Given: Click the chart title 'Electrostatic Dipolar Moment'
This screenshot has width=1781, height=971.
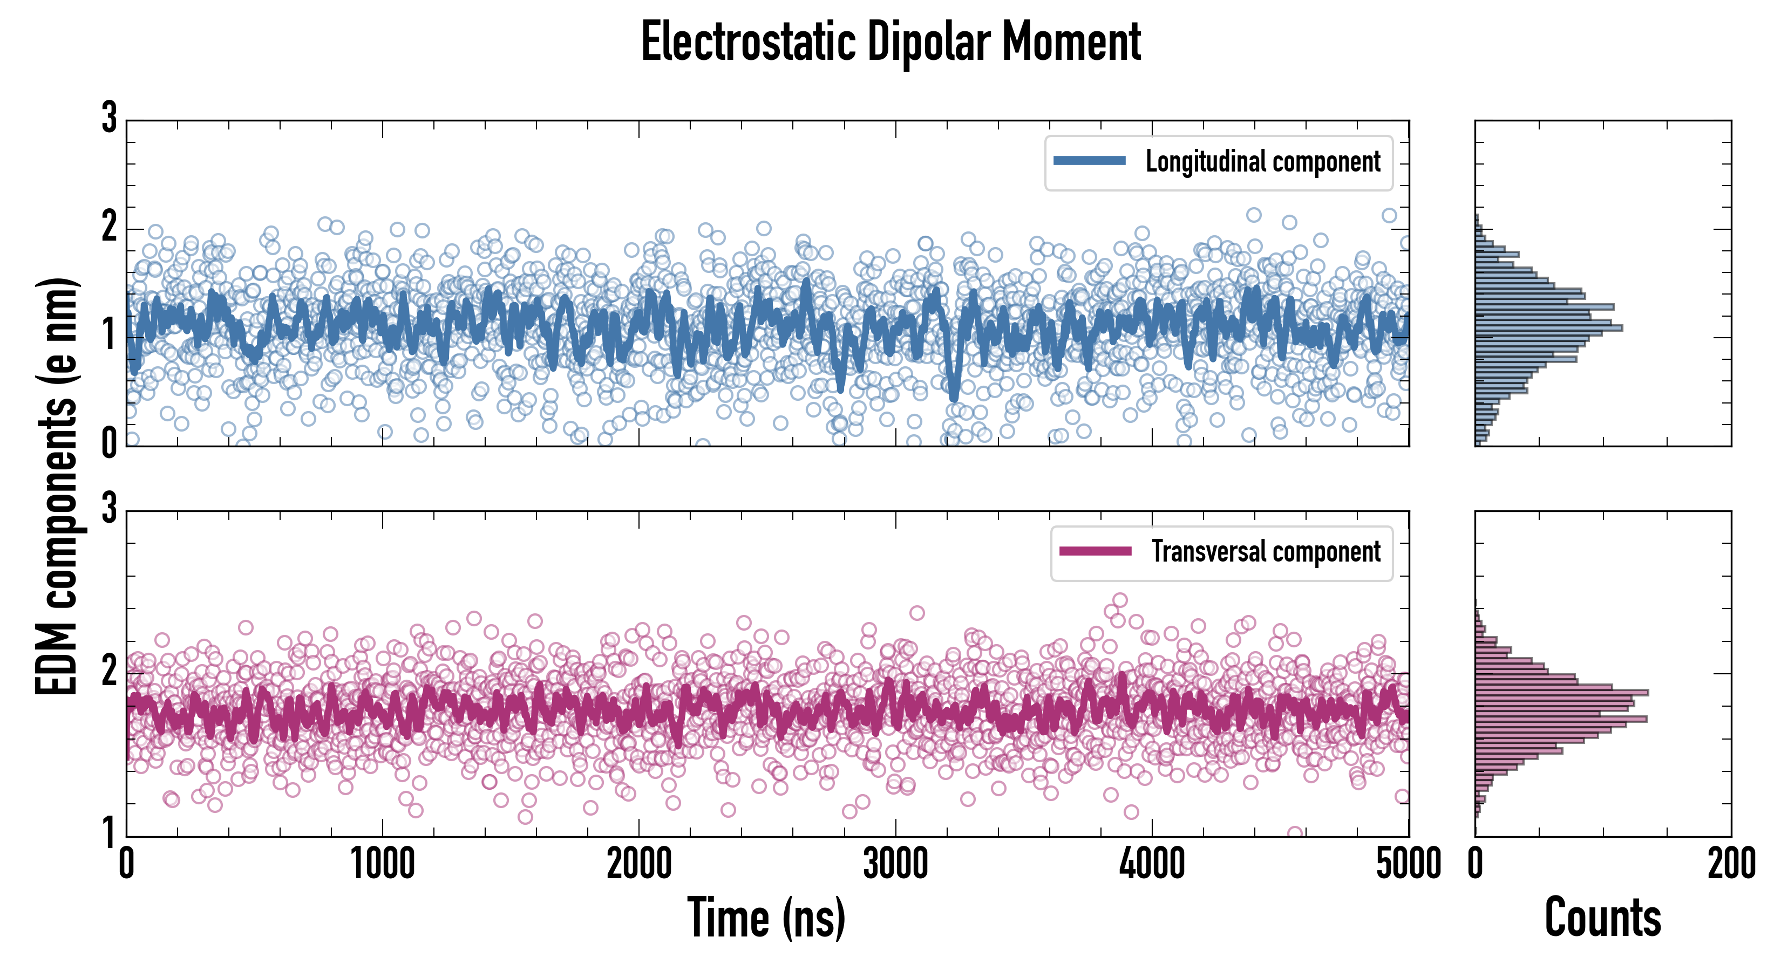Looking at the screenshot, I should pos(890,43).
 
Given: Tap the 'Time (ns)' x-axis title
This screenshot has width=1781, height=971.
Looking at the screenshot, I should pos(766,918).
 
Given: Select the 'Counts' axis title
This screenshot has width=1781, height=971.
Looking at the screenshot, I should pos(1602,918).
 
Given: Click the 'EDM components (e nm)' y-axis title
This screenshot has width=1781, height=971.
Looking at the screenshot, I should pos(57,487).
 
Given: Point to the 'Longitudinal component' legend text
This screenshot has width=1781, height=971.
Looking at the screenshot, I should pos(1262,162).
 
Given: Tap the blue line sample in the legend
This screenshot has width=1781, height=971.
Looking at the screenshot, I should pos(1090,161).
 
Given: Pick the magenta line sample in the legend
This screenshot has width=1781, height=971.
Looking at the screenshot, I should pos(1095,551).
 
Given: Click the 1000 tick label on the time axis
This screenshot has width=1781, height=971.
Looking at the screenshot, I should pos(382,865).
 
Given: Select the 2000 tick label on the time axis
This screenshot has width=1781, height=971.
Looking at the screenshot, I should pos(639,865).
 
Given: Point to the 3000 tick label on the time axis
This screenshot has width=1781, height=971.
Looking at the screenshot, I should pos(895,865).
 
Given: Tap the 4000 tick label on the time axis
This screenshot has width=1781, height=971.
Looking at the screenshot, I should pos(1152,865).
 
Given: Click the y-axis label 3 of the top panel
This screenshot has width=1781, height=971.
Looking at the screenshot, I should pos(109,118).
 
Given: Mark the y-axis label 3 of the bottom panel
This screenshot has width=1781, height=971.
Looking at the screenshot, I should pos(109,509).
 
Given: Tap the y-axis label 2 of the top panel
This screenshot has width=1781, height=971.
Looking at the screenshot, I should pos(109,227).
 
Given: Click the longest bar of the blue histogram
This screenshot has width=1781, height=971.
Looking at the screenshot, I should pos(1549,327).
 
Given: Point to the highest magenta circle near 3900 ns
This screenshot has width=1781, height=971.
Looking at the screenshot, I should pos(1120,600).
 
